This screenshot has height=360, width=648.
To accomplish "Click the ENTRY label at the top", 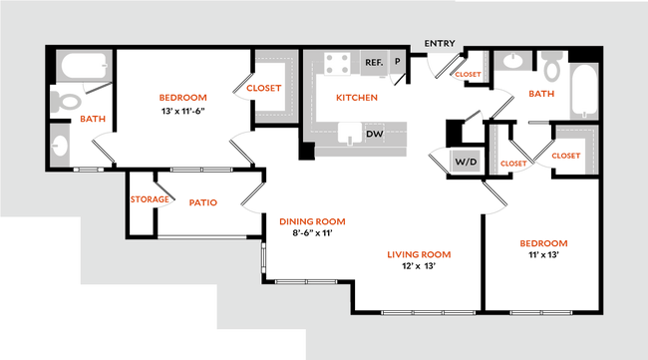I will (x=439, y=44).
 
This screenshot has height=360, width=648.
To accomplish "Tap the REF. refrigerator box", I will (x=374, y=63).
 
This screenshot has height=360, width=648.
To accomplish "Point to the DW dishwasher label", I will (x=375, y=133).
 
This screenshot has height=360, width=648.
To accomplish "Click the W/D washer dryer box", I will (x=465, y=161).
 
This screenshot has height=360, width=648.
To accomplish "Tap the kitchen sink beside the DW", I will (x=350, y=133).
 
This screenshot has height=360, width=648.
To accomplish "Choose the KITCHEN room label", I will (x=357, y=98).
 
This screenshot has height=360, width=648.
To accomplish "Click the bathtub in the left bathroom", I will (x=85, y=67).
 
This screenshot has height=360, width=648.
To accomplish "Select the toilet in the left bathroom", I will (x=67, y=99).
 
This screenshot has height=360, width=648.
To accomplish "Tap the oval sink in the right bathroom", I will (x=512, y=62).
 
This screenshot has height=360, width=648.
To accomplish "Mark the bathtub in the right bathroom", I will (x=583, y=91).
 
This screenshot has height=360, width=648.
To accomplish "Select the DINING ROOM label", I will (x=312, y=221).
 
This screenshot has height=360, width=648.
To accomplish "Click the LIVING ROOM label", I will (x=419, y=255).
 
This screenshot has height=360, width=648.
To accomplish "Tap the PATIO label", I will (x=202, y=202).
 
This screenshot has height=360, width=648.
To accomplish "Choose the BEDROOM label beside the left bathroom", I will (x=183, y=98).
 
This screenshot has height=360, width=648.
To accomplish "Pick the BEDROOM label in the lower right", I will (x=543, y=243).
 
